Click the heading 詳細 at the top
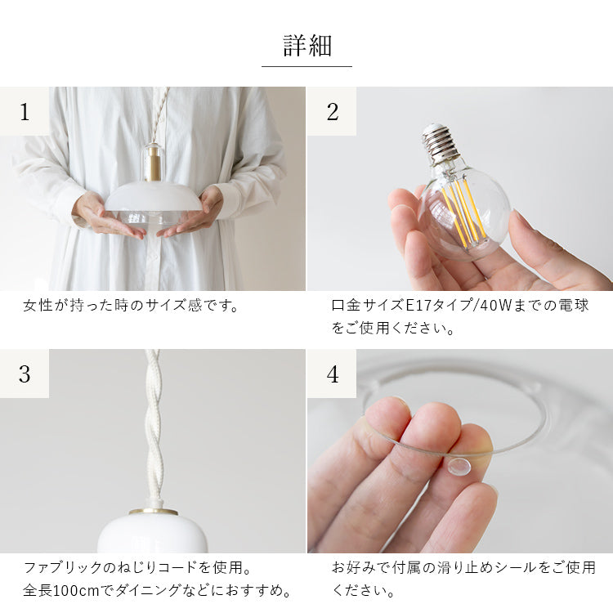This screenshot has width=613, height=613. coord(306,45)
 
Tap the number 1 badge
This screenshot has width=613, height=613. coord(25,111)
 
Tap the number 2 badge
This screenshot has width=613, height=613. coord(332,111)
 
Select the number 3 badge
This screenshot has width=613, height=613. coord(25,374)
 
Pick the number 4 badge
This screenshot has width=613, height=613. coord(332,374)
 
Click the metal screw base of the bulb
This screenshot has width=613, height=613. coord(441,144)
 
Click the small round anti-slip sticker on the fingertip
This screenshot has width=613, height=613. coord(458,467)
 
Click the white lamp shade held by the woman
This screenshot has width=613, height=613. coord(153,199)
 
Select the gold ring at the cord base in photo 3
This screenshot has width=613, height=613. coord(153,512)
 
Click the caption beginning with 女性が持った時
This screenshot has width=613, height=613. coord(131,306)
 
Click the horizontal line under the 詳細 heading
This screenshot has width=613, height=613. coord(306,66)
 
